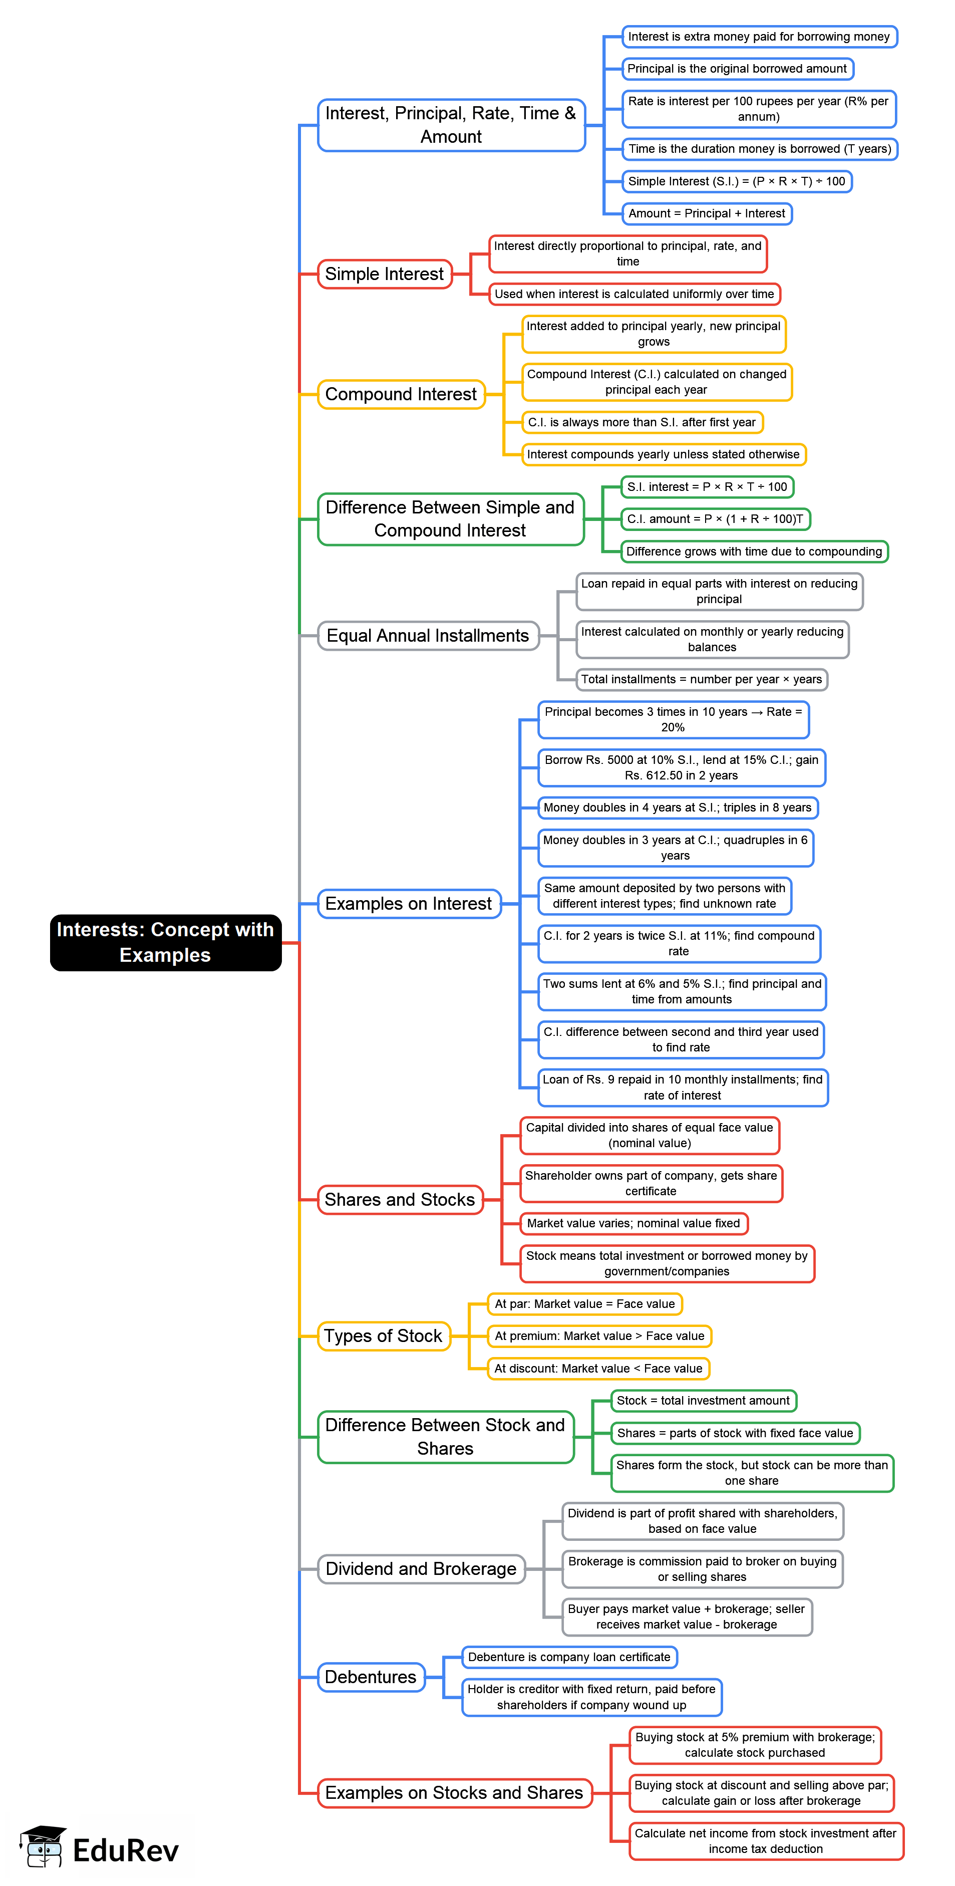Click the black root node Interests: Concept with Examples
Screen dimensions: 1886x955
[x=165, y=942]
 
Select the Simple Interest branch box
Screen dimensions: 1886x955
[x=384, y=274]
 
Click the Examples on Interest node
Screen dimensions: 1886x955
[x=408, y=904]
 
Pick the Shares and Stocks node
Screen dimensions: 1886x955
[x=400, y=1199]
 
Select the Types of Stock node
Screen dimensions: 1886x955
[x=384, y=1335]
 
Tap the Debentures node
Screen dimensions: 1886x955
[x=370, y=1677]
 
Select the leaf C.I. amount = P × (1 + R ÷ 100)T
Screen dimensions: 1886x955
[x=715, y=519]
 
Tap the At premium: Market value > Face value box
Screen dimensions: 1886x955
[x=599, y=1335]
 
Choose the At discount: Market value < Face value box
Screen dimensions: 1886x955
[x=598, y=1369]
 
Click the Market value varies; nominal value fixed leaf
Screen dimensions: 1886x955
[x=633, y=1223]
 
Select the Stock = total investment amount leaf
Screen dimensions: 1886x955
[x=703, y=1401]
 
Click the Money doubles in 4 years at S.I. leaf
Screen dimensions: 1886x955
[x=677, y=807]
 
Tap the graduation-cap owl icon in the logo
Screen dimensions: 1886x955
[x=43, y=1846]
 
